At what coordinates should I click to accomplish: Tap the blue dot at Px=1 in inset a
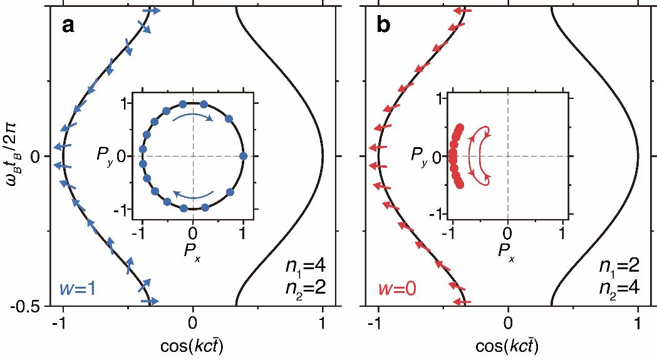click(x=243, y=155)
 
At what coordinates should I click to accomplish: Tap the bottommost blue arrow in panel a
click(x=149, y=301)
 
